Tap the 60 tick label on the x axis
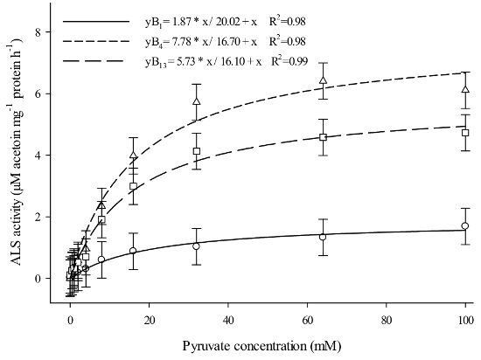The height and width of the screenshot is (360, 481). [307, 320]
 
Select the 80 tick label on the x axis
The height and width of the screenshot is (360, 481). [386, 320]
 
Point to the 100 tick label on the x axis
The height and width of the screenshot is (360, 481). [464, 320]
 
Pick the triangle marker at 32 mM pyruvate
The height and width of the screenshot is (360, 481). [197, 102]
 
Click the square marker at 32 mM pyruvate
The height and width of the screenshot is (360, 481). [197, 151]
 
